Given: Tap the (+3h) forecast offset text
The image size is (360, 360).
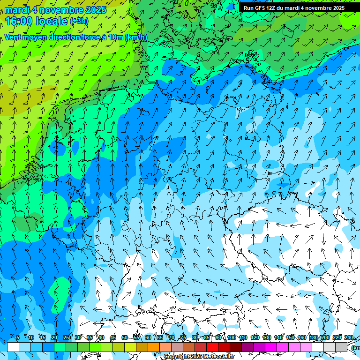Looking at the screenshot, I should coord(79,21).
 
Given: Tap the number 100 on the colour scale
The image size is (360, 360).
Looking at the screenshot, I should coord(231,337).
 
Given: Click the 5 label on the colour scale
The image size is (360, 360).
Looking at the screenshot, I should coord(18,337).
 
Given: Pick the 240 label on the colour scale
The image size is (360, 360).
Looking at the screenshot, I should coord(349,337).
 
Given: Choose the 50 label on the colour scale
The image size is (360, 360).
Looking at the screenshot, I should coord(124,337).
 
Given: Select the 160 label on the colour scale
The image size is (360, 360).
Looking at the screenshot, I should coord(302,337).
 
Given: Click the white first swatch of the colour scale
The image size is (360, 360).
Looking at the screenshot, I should coord(13,347).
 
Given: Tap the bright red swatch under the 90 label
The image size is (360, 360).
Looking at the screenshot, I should coord(212,347).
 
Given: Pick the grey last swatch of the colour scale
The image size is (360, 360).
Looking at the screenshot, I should coord(341,347).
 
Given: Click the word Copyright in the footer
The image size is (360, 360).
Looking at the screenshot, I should coord(176,357).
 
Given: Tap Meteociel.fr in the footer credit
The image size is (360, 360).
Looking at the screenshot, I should coord(218,357).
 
